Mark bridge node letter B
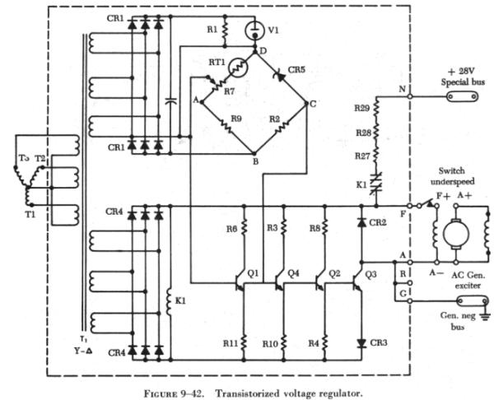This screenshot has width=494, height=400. click(x=255, y=161)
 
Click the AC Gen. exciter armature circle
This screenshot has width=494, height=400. click(x=454, y=233)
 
